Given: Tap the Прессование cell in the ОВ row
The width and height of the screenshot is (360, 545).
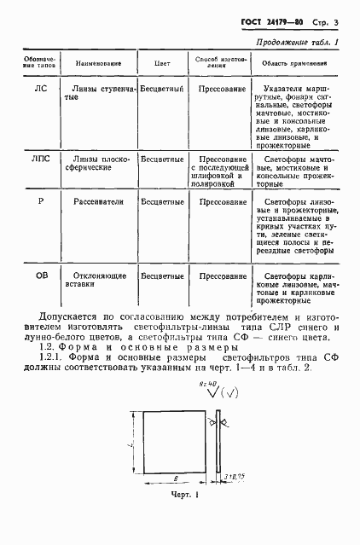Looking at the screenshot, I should [x=222, y=276].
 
